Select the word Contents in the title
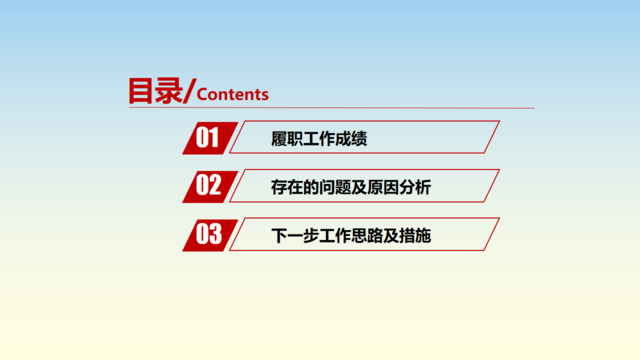[x=234, y=94]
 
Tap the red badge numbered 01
[x=208, y=138]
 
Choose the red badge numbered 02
[x=208, y=186]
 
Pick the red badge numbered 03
[x=208, y=235]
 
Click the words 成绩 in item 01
[x=351, y=139]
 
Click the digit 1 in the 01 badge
[x=215, y=138]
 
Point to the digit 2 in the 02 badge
[x=214, y=186]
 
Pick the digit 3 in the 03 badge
[x=214, y=235]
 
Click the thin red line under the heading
[x=400, y=107]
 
